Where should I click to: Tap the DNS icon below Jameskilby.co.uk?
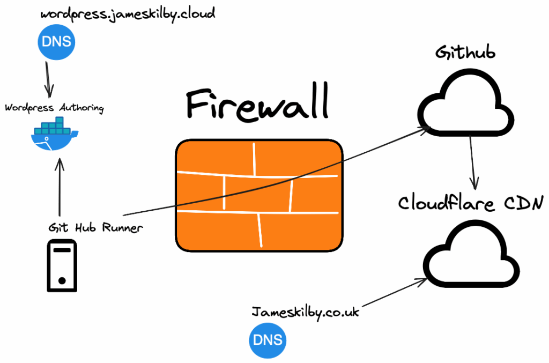pyautogui.click(x=268, y=341)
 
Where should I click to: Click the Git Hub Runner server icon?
pyautogui.click(x=62, y=265)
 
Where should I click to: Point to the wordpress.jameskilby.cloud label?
pyautogui.click(x=128, y=14)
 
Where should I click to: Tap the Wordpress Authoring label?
pyautogui.click(x=54, y=108)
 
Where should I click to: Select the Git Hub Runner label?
pyautogui.click(x=95, y=227)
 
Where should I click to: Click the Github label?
pyautogui.click(x=465, y=53)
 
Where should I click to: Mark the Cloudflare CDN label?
pyautogui.click(x=471, y=203)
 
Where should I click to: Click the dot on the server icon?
pyautogui.click(x=62, y=280)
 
